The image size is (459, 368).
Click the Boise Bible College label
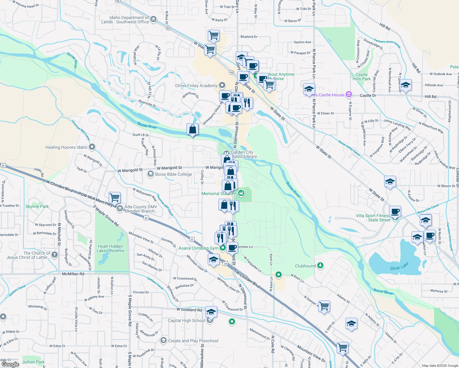(173, 174)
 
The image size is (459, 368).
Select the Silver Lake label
(399, 266)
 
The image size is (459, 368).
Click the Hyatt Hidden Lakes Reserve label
(110, 248)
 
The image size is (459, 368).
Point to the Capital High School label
(186, 320)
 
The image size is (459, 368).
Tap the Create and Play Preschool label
(193, 341)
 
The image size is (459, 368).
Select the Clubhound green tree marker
(320, 265)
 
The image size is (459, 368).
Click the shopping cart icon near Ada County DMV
(114, 198)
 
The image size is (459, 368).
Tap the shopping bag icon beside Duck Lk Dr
(192, 129)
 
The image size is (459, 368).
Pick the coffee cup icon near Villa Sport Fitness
(395, 211)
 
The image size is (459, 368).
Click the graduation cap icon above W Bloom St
(390, 182)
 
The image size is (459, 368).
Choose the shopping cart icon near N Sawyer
(324, 306)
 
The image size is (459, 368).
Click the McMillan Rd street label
(73, 274)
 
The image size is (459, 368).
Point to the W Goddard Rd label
(189, 310)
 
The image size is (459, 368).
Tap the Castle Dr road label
(368, 95)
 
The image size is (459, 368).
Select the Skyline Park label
(37, 206)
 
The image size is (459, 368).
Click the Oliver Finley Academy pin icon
(222, 85)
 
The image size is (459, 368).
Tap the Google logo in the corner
(10, 364)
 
